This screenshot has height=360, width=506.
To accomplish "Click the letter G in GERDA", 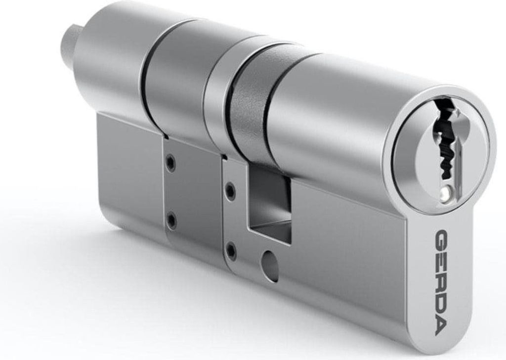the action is (x=441, y=239).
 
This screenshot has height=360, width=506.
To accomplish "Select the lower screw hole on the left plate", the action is (x=171, y=220).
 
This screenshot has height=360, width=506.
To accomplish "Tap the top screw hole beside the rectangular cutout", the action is (x=230, y=189).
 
